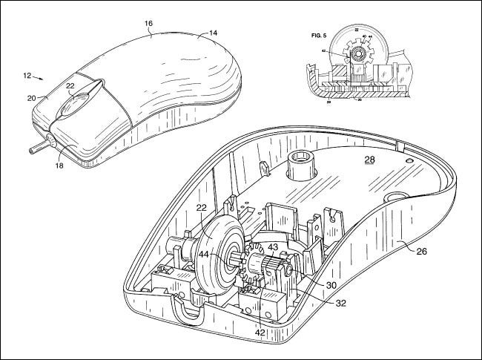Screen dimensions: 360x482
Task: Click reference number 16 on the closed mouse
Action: tap(148, 24)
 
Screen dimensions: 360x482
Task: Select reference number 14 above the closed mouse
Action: tap(213, 32)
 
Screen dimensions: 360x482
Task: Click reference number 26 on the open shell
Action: tap(420, 251)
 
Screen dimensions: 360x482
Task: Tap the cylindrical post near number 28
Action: tap(303, 166)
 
